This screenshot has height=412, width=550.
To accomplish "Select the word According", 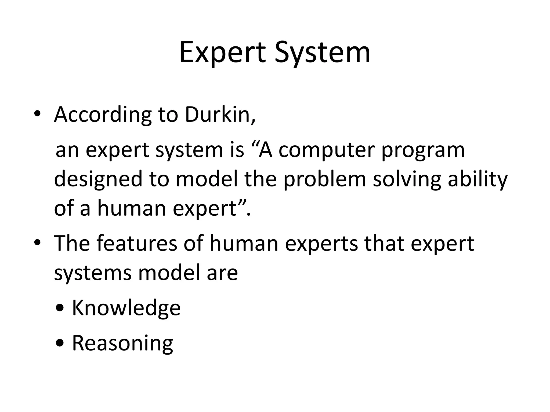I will pos(103,115).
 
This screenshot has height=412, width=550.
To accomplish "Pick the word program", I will pos(423,150).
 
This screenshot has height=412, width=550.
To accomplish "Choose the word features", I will pos(137,244).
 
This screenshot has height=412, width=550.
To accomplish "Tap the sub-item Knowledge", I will pos(126,308).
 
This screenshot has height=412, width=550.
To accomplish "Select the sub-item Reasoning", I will pos(122,343).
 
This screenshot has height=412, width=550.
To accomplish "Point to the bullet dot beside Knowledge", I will pos(61,308).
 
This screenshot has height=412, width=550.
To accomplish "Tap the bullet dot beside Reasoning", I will pos(61,343).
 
